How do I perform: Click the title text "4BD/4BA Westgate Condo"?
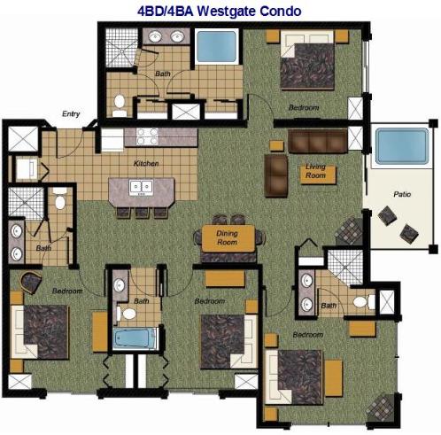point(220,11)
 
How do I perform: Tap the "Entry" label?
point(70,113)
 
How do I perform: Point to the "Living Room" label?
point(316,169)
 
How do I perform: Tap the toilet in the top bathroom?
point(120,103)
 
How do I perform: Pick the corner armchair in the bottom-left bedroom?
point(32,283)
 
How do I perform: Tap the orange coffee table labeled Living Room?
point(316,171)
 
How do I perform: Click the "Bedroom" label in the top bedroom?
point(304,107)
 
